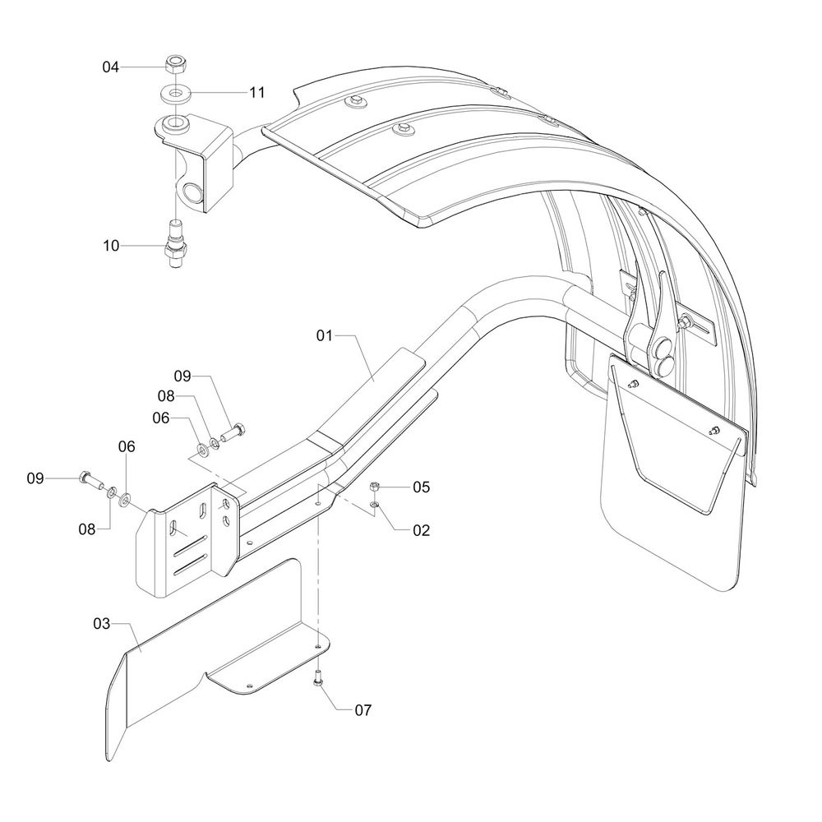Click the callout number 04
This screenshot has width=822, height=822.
click(x=111, y=67)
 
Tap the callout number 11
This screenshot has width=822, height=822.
click(x=257, y=93)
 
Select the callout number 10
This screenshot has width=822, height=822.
click(x=111, y=245)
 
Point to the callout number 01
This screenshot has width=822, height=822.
click(x=326, y=335)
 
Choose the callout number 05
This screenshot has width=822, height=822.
click(x=421, y=487)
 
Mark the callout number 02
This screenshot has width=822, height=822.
click(x=421, y=530)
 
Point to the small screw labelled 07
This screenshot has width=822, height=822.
click(x=317, y=678)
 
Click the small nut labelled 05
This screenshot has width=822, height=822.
click(x=374, y=486)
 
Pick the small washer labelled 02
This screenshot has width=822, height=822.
click(x=374, y=503)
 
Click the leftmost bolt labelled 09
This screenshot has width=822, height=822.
click(x=88, y=479)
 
